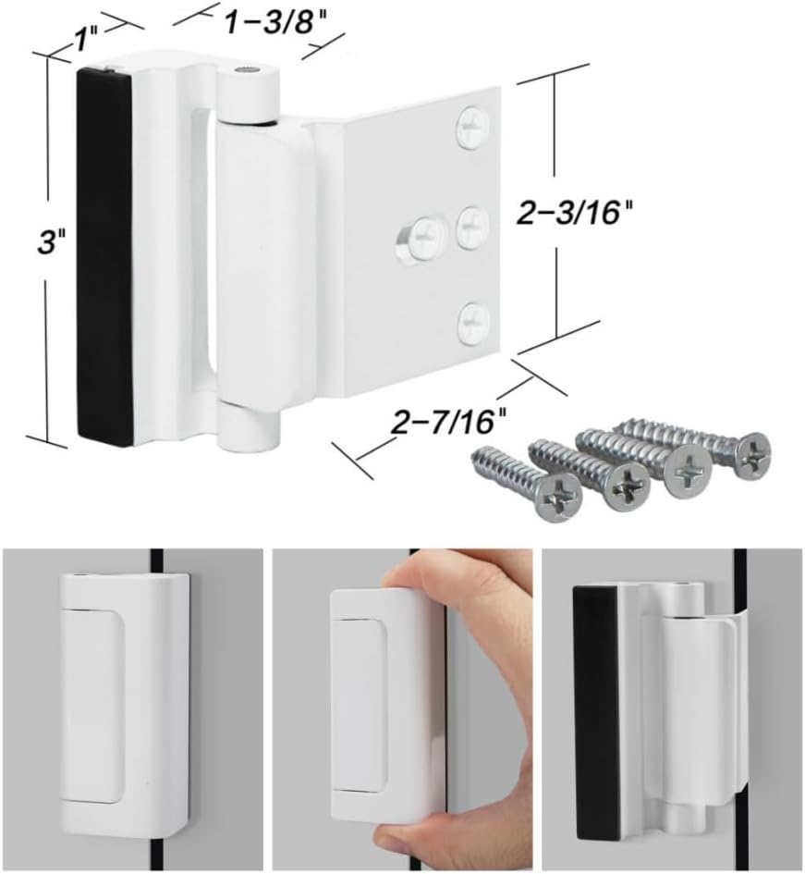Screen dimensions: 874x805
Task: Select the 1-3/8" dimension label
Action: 262,23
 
